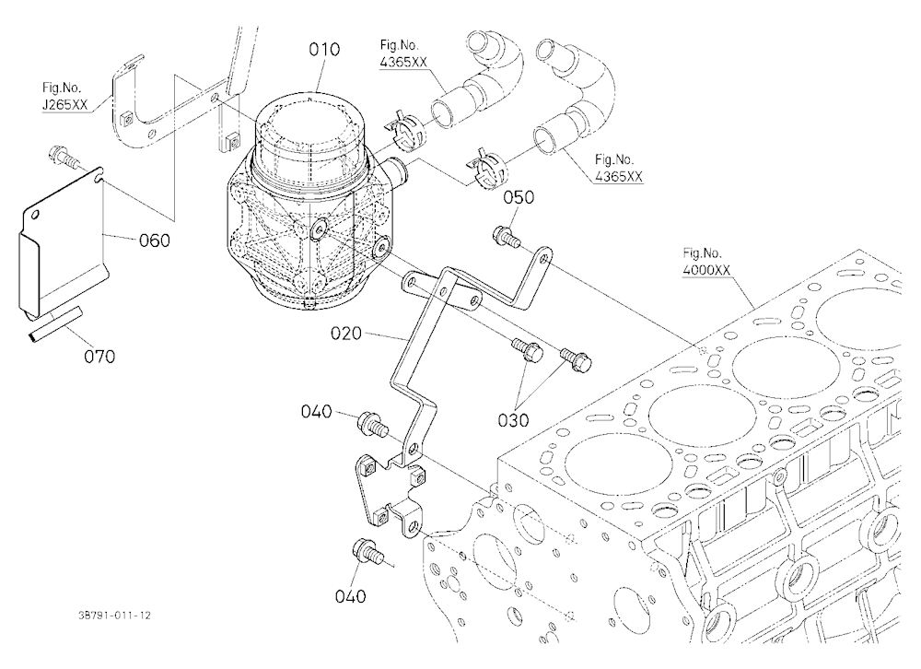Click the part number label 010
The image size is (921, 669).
[x=324, y=50]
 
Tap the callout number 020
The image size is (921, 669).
[x=346, y=334]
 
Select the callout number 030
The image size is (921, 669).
[x=513, y=420]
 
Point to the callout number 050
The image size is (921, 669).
[x=519, y=197]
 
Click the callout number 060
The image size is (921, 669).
[x=155, y=240]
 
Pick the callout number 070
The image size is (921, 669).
[x=99, y=357]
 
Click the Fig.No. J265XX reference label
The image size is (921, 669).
[x=64, y=97]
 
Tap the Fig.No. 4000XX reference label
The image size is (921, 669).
[x=706, y=262]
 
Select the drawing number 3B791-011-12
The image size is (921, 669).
[x=114, y=616]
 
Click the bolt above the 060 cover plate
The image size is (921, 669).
[x=63, y=155]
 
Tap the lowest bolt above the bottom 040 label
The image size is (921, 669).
[x=367, y=551]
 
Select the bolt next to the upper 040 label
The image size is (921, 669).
[x=372, y=424]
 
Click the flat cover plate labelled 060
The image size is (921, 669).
[x=62, y=242]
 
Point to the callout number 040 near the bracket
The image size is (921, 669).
[x=317, y=411]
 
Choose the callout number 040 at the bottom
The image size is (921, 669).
[x=350, y=596]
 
